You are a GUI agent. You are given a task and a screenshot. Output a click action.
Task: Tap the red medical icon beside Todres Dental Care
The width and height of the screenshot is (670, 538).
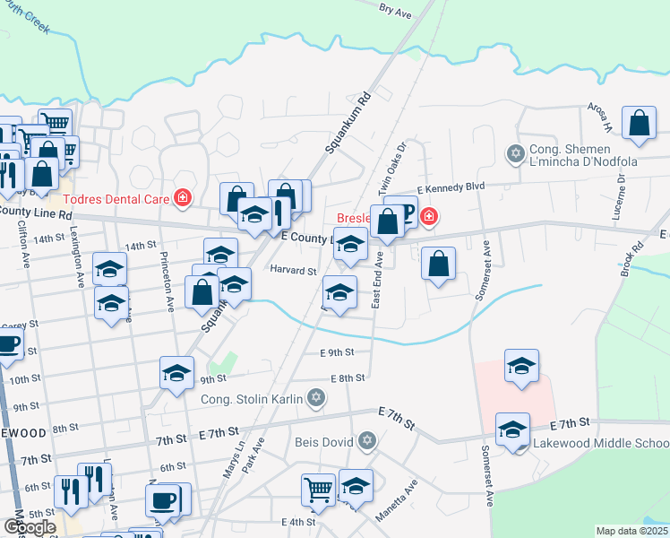[184, 196]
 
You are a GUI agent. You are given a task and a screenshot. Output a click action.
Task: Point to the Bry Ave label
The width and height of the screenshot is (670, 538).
[394, 10]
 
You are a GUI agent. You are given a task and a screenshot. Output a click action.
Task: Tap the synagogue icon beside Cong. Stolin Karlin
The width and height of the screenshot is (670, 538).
[315, 396]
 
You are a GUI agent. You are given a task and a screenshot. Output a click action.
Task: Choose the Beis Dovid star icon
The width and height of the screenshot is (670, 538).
[365, 441]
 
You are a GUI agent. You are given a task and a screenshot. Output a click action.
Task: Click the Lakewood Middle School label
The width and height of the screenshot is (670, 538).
[600, 444]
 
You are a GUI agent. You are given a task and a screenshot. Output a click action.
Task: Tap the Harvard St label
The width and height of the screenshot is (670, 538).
[294, 271]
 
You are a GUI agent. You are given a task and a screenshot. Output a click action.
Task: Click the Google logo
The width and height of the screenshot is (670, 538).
[30, 526]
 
